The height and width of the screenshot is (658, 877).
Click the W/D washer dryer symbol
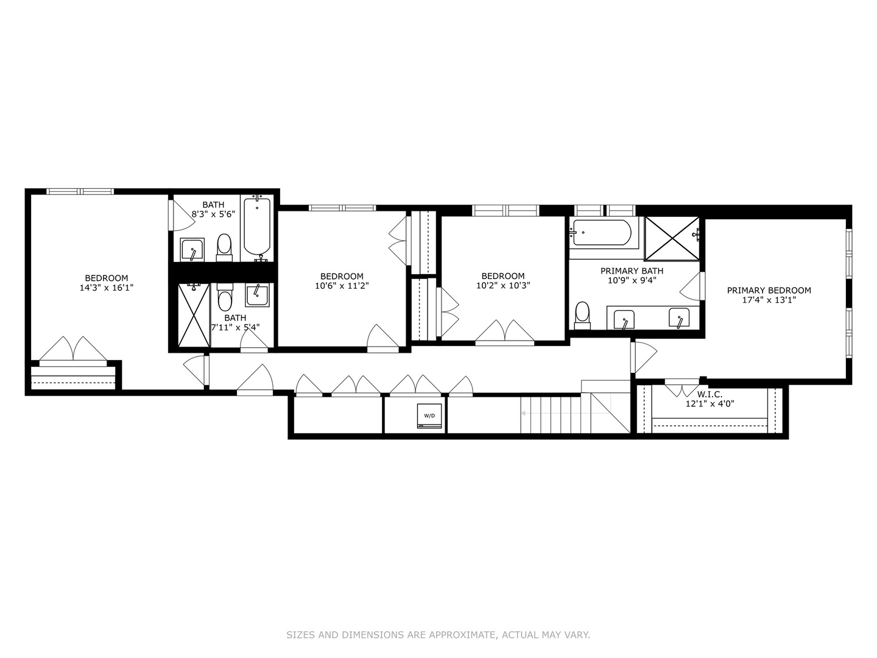click(x=429, y=416)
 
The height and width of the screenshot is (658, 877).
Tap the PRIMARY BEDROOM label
click(x=769, y=290)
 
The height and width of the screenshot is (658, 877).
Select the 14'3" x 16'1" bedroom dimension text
click(x=107, y=288)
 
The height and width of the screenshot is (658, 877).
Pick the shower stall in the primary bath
click(x=671, y=238)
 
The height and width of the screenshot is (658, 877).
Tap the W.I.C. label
click(x=710, y=394)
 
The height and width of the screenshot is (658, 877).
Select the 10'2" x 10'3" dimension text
click(x=503, y=285)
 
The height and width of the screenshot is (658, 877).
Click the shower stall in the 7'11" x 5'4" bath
click(x=193, y=315)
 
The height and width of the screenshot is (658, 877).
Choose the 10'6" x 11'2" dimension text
click(x=342, y=285)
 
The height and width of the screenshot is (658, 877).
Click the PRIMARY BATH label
click(x=632, y=271)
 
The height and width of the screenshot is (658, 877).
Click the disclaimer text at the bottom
click(x=438, y=635)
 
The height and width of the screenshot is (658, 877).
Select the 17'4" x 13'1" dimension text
click(x=769, y=299)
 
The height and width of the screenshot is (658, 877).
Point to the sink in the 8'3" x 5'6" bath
click(x=192, y=250)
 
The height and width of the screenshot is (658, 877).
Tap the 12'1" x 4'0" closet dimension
click(x=710, y=403)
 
